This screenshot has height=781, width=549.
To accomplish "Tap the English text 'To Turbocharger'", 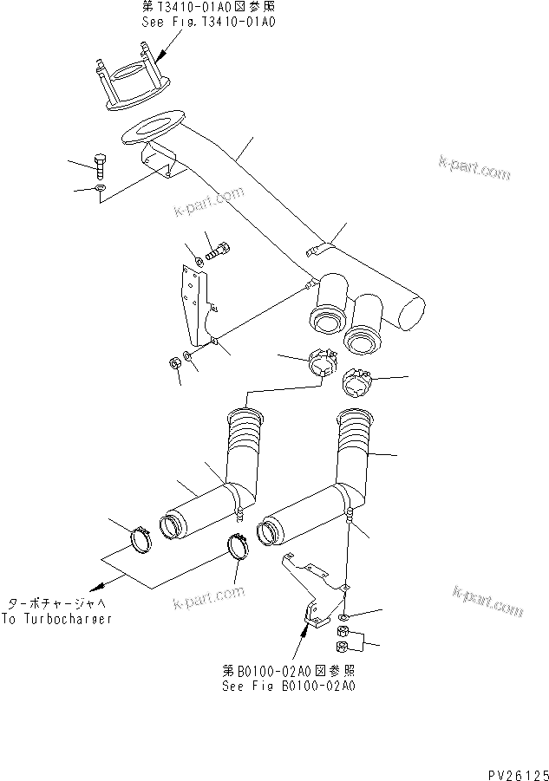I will click(57, 619).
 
